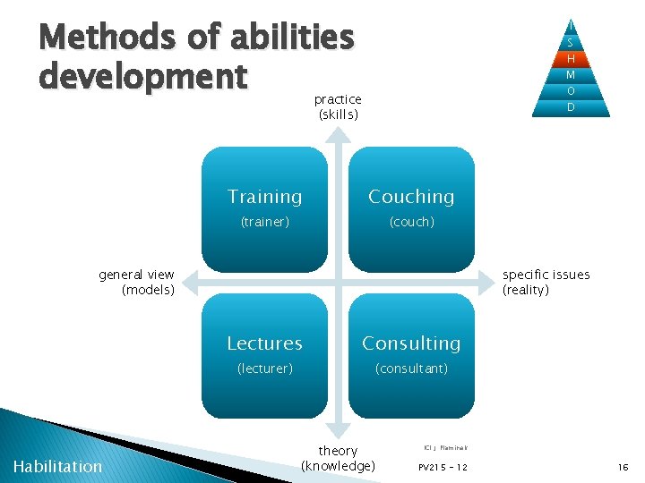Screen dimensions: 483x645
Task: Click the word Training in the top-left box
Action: point(264,197)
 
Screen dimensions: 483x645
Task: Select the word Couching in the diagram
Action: point(411,197)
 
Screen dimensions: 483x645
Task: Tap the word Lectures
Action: point(264,343)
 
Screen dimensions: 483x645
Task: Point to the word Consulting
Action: point(411,343)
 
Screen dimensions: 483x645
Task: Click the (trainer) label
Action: point(264,222)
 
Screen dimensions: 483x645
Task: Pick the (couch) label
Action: point(411,222)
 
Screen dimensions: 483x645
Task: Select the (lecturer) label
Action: point(264,369)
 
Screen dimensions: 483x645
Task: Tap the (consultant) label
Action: point(411,369)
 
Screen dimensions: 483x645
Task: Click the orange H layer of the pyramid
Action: point(571,59)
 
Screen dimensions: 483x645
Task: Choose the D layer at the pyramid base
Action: point(571,107)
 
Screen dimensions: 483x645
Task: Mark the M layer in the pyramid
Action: point(571,75)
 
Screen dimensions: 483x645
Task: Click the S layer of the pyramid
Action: point(571,43)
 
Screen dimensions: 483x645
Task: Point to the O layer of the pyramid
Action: point(571,91)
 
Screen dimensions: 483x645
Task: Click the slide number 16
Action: point(623,467)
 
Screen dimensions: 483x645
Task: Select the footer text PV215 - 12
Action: point(443,468)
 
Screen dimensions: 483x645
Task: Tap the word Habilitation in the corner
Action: point(58,466)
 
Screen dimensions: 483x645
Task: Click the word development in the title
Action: point(142,77)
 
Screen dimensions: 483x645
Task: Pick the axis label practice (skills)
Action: point(338,107)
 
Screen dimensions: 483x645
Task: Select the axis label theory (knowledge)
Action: point(338,458)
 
